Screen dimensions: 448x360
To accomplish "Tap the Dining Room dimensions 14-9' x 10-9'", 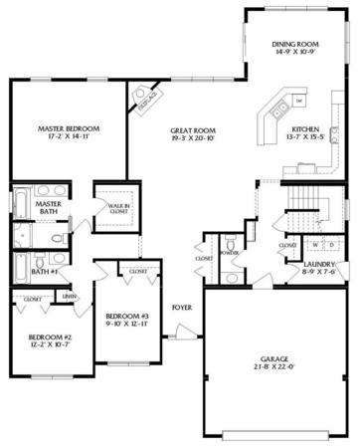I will coord(296,53).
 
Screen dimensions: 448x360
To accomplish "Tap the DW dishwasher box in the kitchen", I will coord(298,102).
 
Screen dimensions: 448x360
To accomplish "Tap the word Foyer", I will coord(181,307).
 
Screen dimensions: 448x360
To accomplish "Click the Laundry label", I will coord(323,264).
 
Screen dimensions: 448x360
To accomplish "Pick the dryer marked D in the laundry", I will coord(331,244).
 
